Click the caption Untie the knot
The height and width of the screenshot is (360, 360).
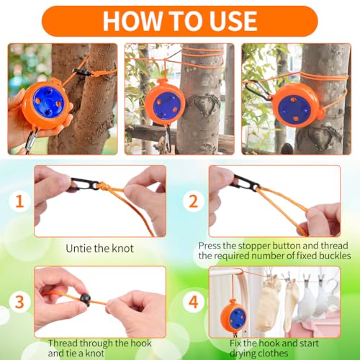point(99,248)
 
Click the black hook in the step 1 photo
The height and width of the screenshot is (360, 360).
point(76,186)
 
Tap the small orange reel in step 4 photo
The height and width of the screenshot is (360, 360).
point(235,315)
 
